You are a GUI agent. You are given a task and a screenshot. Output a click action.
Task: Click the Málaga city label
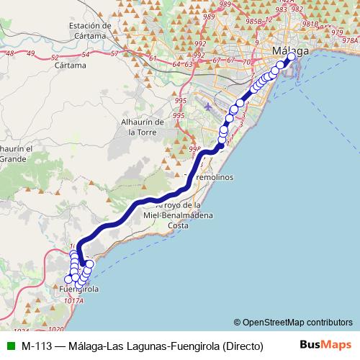291,51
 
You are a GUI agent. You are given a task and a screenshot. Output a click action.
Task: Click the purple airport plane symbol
208,107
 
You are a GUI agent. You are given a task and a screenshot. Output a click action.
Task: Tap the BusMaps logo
328,344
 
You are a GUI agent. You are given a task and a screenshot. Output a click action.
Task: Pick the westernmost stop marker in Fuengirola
69,279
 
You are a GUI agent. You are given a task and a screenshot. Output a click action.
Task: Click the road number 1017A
73,300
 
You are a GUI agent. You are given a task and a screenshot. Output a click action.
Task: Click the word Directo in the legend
242,345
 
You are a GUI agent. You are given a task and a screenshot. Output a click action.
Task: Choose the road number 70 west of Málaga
246,62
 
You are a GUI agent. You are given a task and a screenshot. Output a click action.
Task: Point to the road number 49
10,53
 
